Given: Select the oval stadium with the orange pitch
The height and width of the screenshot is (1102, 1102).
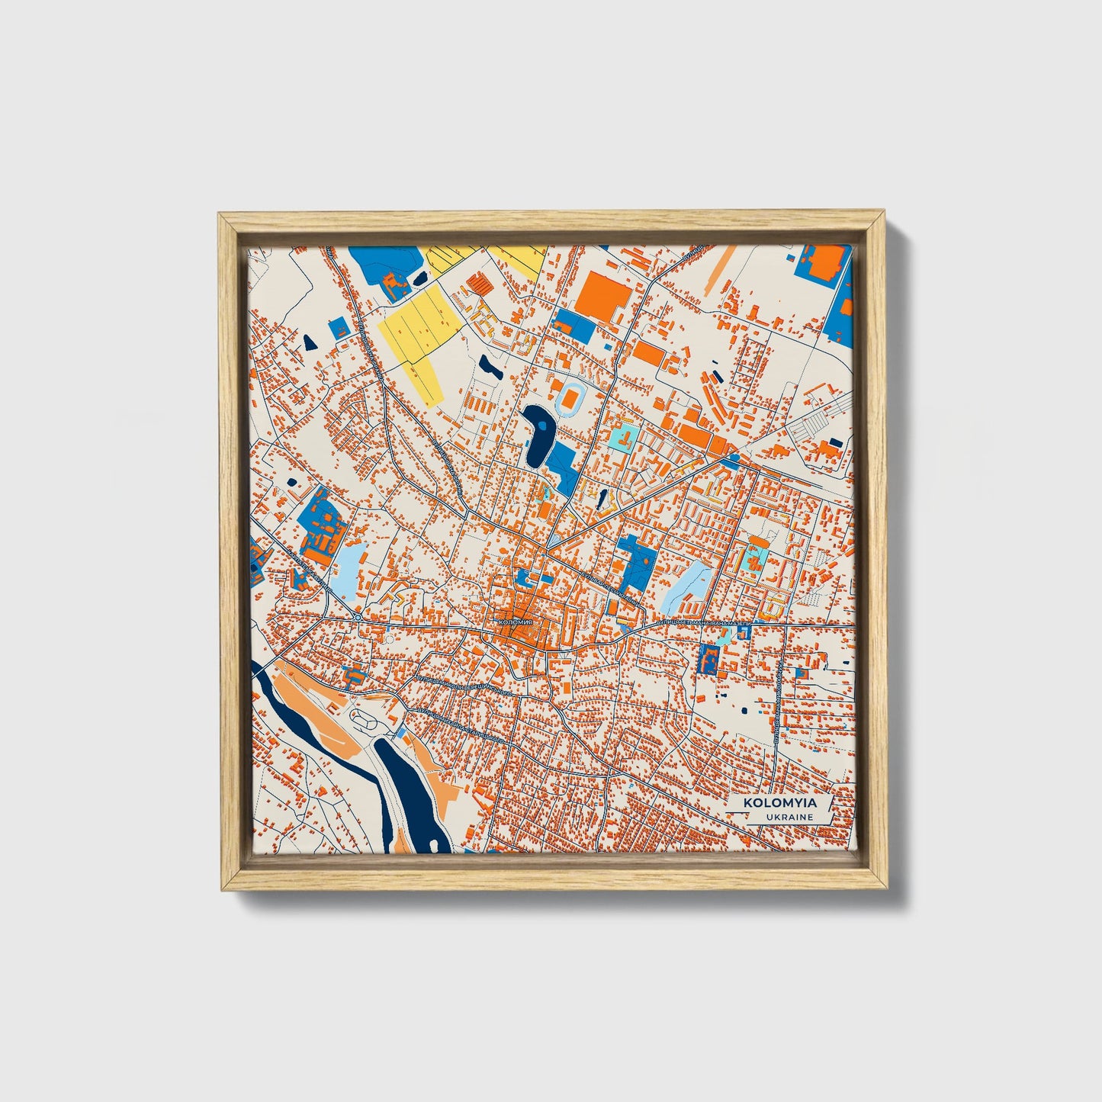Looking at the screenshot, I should tap(572, 398).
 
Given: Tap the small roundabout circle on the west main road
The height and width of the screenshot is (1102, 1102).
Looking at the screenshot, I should tap(357, 617).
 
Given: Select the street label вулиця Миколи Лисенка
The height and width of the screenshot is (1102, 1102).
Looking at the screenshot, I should tap(778, 702).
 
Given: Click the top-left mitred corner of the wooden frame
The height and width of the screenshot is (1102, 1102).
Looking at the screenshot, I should tap(222, 217).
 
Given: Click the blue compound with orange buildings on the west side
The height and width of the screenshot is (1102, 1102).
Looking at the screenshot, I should tap(319, 526).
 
